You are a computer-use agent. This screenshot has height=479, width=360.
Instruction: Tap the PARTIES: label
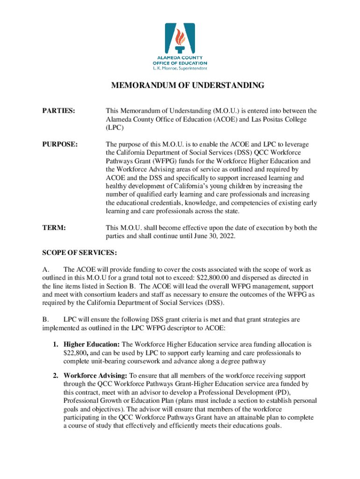59,111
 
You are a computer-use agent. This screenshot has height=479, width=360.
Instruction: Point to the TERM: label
54,228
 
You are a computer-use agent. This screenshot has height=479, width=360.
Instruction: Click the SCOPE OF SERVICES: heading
79,253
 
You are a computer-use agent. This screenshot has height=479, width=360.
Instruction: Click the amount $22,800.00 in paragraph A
222,278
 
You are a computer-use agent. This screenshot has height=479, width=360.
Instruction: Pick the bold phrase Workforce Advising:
95,376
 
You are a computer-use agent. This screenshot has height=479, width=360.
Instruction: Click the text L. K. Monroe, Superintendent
180,68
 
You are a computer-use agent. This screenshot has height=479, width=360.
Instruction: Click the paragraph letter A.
45,270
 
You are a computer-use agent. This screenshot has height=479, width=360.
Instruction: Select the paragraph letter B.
45,319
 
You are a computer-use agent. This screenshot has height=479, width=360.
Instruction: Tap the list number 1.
55,344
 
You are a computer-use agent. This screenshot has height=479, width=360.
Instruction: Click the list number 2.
55,376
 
